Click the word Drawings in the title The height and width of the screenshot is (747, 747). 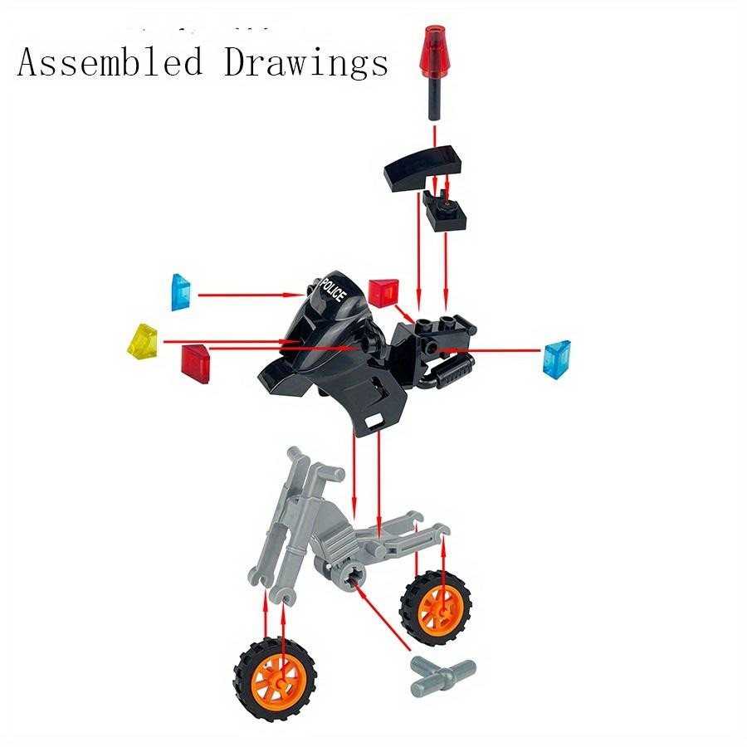coord(306,63)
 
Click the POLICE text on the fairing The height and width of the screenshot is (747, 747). coord(333,289)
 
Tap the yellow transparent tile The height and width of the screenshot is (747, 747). coord(143,340)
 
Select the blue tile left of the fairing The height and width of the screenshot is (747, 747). coord(181,292)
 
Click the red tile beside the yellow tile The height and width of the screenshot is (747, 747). coord(195,364)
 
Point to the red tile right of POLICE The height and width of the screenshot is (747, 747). coord(383,293)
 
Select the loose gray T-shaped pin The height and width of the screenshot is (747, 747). coord(442,675)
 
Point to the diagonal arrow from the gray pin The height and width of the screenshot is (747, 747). coord(380,614)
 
